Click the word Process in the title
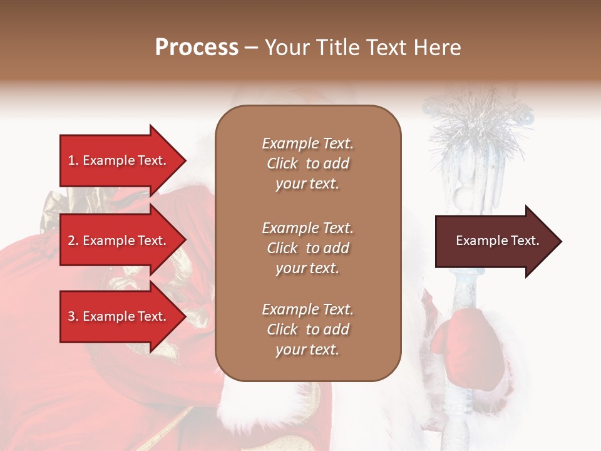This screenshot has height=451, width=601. (197, 48)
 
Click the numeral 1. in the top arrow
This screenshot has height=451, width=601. (73, 160)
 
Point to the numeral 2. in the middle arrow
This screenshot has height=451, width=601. (73, 241)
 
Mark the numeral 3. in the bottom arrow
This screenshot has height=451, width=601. (73, 316)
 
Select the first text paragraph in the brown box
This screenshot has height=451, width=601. (307, 163)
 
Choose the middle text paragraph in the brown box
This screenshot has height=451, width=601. (307, 248)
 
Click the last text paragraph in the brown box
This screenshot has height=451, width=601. (307, 329)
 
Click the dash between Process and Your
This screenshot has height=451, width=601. (251, 49)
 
